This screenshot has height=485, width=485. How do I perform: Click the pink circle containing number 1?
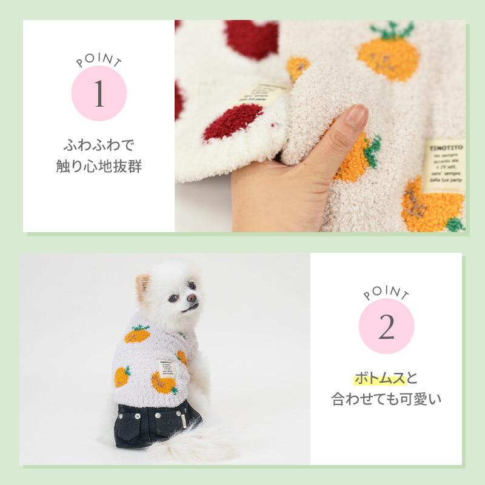pyautogui.click(x=99, y=94)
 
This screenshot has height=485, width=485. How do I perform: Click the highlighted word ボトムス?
pyautogui.click(x=379, y=380)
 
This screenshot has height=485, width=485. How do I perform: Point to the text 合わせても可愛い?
pyautogui.click(x=386, y=400)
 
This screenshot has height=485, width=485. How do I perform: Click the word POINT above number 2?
pyautogui.click(x=386, y=294)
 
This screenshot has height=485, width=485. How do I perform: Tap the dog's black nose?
pyautogui.click(x=192, y=298)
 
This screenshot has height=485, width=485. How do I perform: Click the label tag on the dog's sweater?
pyautogui.click(x=167, y=369)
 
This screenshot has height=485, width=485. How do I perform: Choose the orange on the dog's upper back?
pyautogui.click(x=138, y=335)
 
